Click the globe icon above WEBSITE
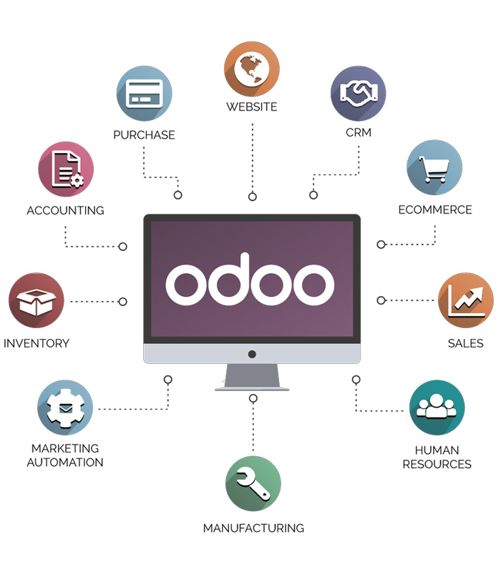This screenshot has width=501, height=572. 251,69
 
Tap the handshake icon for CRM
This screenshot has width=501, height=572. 358,93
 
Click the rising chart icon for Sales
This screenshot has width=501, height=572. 465,300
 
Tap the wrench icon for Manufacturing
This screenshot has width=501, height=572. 253,483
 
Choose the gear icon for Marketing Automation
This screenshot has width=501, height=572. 64,408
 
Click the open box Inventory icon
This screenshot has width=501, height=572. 36,300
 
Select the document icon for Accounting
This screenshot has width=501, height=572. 65,169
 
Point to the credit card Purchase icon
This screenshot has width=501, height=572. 144,94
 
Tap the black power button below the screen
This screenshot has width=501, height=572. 252,354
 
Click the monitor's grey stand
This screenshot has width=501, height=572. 252,377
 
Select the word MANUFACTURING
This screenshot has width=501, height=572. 253,528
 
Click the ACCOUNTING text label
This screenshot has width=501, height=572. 65,211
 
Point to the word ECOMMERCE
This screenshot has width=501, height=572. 435,210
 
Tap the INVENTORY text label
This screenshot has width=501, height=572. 37,343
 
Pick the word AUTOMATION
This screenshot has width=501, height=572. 65,462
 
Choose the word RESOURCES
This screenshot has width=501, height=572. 437,464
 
